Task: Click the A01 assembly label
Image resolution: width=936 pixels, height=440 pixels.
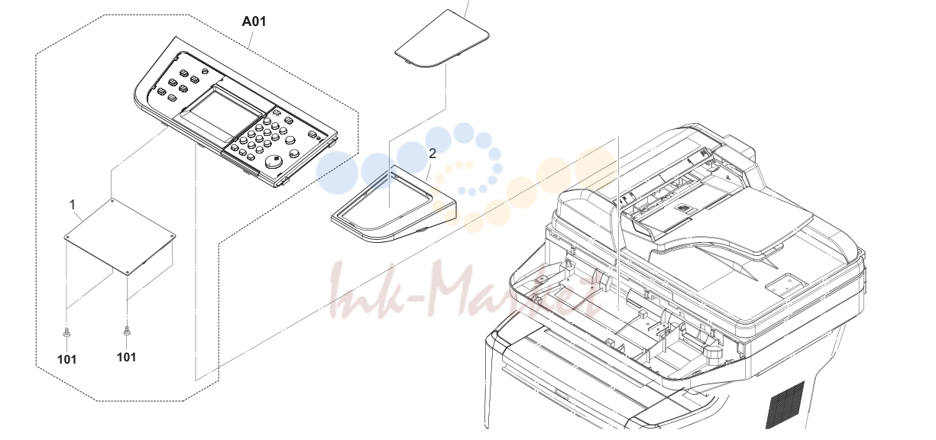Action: point(254,21)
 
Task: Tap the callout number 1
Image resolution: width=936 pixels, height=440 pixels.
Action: point(73,205)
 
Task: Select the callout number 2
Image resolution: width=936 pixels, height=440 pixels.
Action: point(432,154)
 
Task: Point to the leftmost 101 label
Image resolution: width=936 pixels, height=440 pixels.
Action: point(67,359)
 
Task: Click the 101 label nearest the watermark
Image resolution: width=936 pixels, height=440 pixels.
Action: point(127,357)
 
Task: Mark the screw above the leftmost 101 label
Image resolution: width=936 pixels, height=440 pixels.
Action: point(66,333)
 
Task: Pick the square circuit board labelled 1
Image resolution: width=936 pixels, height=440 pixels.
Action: point(119,237)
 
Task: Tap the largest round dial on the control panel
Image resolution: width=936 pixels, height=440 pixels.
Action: point(274,162)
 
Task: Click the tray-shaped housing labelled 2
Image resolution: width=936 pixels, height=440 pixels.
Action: point(394,204)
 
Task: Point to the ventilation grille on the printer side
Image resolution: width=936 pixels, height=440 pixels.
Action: point(785,405)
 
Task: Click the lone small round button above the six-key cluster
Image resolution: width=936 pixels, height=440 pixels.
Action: point(204,71)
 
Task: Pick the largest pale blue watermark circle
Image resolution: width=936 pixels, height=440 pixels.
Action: point(337,172)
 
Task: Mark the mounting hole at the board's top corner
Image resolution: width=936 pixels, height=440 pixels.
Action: point(113,200)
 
